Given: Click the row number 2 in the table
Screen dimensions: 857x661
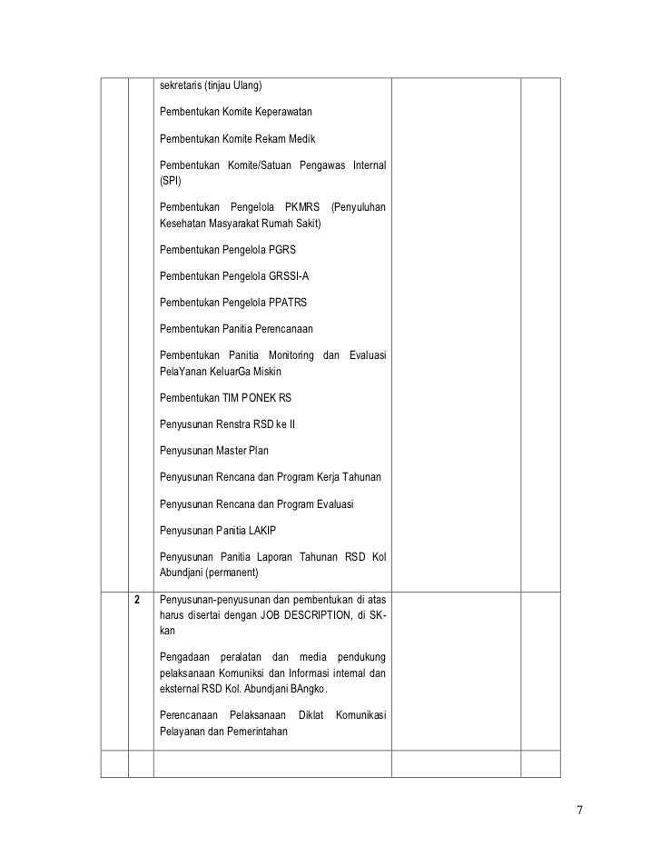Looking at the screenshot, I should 138,601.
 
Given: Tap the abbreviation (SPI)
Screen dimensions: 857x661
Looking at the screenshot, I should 171,181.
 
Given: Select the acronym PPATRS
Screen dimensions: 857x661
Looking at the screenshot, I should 292,302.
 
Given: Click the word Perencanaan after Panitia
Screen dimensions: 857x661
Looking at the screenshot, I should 278,328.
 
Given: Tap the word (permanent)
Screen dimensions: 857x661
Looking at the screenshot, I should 232,573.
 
